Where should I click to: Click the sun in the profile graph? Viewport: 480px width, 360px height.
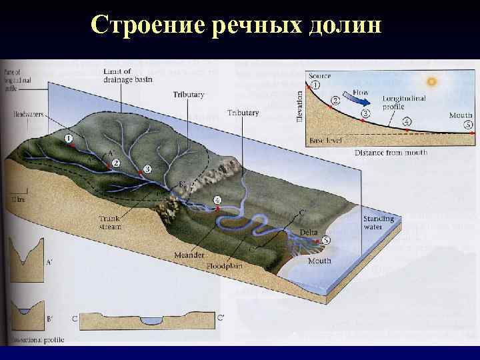(431, 81)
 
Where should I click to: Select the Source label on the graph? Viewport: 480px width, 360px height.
(319, 75)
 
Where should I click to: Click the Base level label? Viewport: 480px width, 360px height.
(326, 141)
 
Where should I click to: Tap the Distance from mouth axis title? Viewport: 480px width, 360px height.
(391, 153)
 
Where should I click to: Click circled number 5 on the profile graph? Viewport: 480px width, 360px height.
(468, 124)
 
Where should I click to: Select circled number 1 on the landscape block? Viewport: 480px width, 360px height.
(69, 138)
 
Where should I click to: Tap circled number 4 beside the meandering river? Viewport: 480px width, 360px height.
(217, 199)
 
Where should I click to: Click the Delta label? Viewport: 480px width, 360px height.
(309, 231)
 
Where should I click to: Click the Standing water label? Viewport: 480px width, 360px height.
(378, 223)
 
